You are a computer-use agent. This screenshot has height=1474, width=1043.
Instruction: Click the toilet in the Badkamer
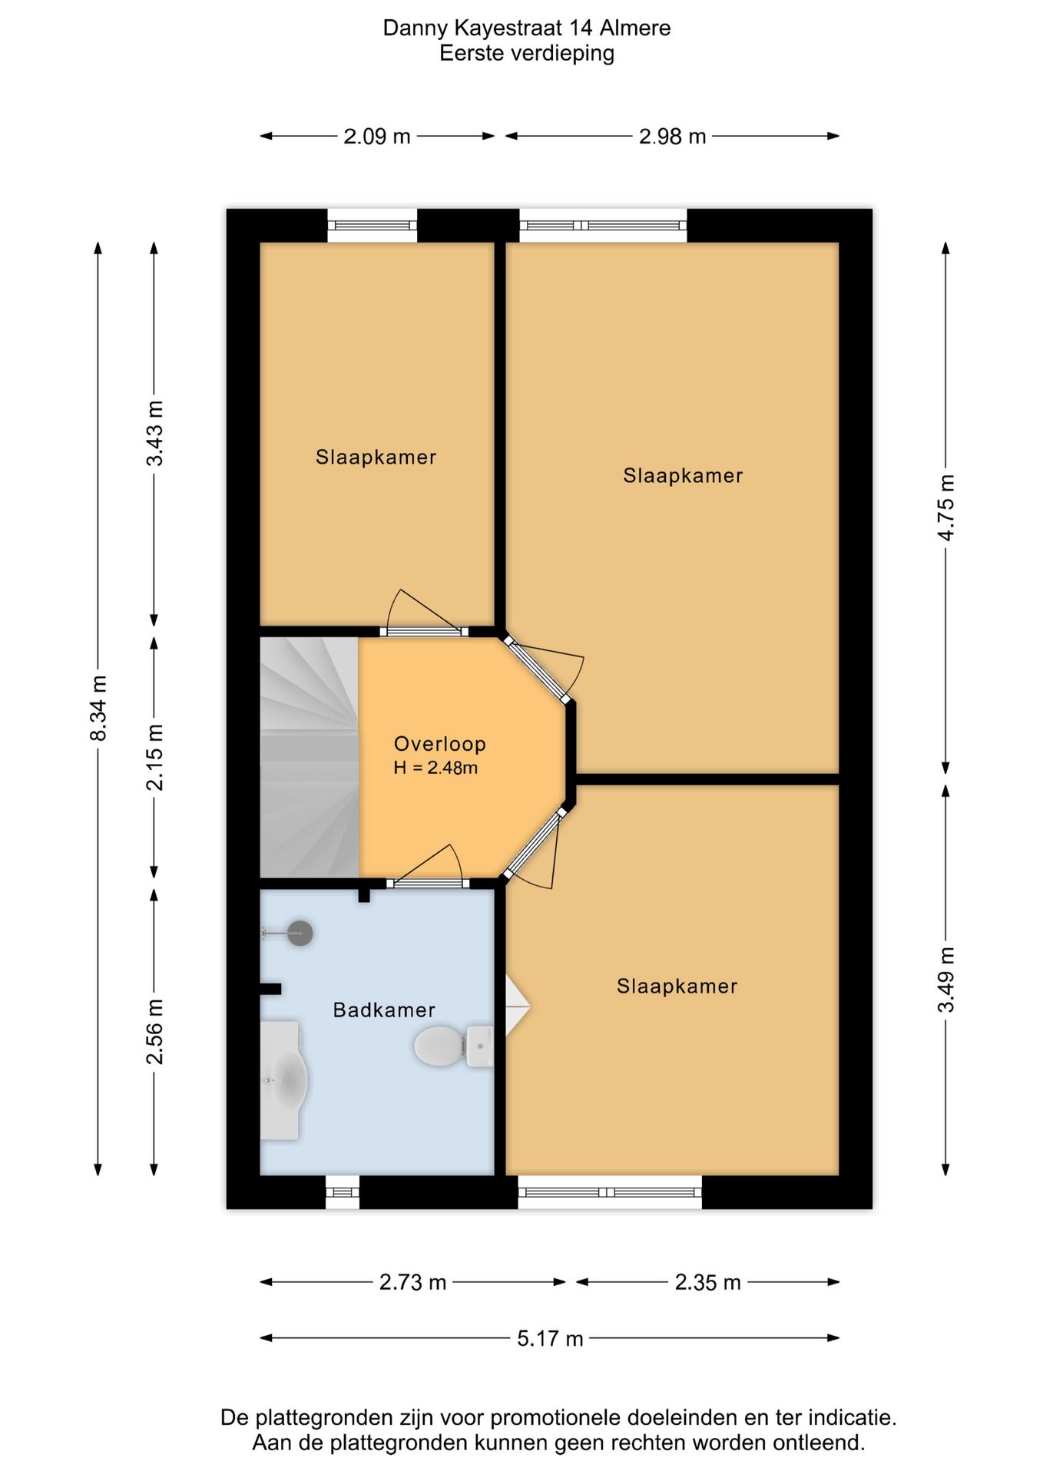coord(454,1046)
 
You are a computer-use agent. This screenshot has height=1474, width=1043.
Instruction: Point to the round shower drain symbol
coord(300,934)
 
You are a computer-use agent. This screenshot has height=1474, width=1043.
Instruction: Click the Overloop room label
coord(439,744)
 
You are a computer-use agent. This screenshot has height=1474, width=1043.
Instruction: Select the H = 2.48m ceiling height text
coord(435,768)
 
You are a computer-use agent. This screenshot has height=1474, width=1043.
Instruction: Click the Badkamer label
coord(384,1010)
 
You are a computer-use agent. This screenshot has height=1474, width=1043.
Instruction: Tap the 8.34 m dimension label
coord(98,709)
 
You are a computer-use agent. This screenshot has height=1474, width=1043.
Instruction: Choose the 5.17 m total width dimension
coord(550,1339)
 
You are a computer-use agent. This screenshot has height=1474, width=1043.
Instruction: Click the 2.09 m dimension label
coord(377,137)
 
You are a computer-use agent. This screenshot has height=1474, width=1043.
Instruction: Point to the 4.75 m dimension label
coord(946,507)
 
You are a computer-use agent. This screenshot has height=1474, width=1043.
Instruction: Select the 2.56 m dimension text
coord(154,1032)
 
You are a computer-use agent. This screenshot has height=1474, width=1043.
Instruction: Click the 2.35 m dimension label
coord(708,1283)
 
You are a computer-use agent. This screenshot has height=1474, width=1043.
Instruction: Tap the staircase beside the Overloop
coord(310,758)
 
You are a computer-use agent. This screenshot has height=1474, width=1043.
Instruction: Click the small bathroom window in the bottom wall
coord(343,1192)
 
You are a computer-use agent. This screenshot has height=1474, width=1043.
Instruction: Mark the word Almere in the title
coord(635,28)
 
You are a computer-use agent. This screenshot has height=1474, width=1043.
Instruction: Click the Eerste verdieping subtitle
coord(527,53)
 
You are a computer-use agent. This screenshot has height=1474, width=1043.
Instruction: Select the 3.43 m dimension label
coord(154,433)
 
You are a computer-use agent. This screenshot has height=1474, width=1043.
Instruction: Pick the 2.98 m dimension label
coord(673,137)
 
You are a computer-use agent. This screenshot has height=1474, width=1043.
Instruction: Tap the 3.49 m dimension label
coord(946,980)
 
